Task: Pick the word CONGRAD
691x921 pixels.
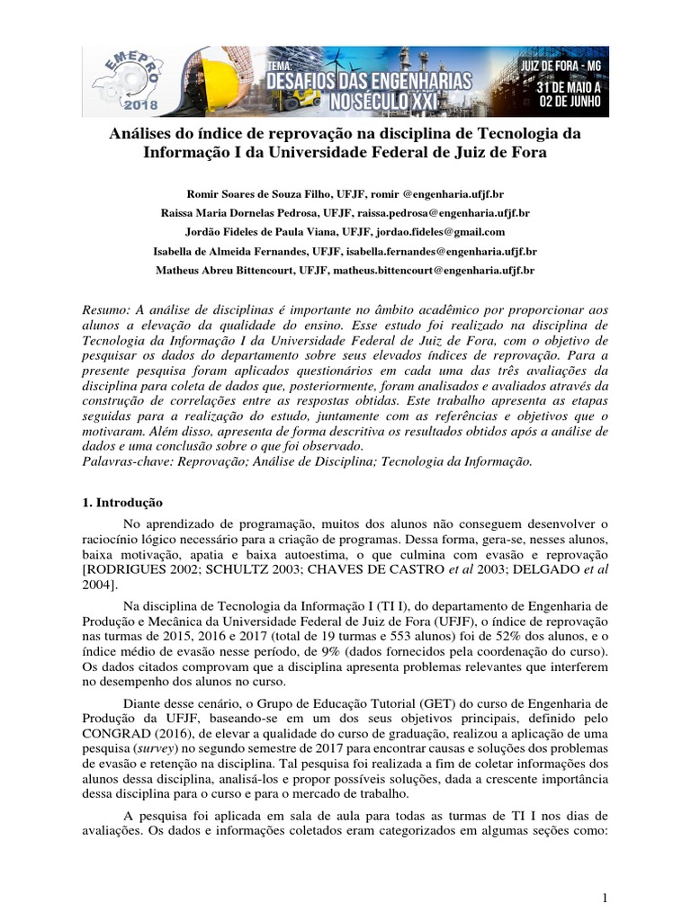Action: pyautogui.click(x=112, y=733)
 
